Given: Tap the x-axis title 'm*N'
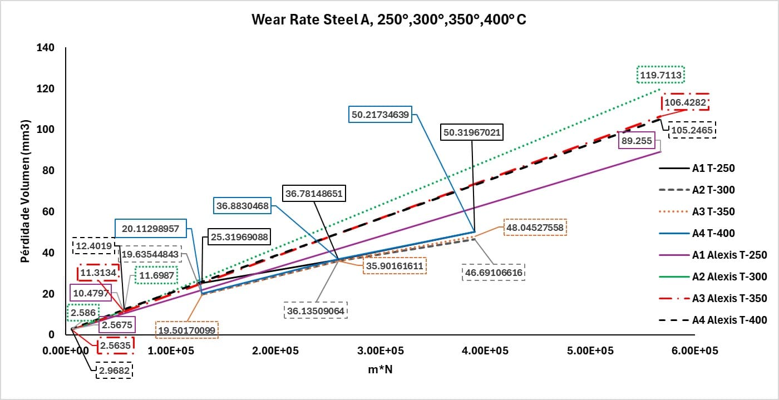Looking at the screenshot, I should [380, 370].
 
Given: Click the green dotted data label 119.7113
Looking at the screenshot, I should [661, 74].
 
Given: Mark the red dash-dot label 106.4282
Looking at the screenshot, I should [685, 103].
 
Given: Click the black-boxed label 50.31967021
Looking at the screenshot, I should [471, 132].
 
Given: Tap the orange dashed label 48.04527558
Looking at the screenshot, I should [535, 227].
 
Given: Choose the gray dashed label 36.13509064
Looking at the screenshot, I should [315, 310].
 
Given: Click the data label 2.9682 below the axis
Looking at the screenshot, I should [114, 371].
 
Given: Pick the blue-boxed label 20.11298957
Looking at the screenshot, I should [150, 229].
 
